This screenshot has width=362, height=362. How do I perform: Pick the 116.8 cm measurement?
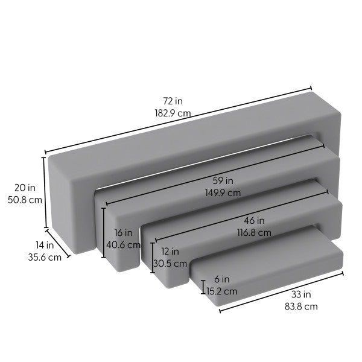pos(254,232)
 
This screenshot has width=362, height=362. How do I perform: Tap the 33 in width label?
pos(302,295)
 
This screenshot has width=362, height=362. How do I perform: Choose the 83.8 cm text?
pos(302,306)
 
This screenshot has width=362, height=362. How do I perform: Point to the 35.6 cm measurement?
pos(45,257)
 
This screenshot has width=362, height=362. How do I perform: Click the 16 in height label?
pos(123,233)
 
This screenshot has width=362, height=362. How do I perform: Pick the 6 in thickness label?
pos(221,279)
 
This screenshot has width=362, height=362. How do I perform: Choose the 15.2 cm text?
pos(221,291)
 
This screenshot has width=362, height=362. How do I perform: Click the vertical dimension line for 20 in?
pos(44,192)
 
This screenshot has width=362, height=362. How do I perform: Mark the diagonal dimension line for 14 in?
pos(58,243)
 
